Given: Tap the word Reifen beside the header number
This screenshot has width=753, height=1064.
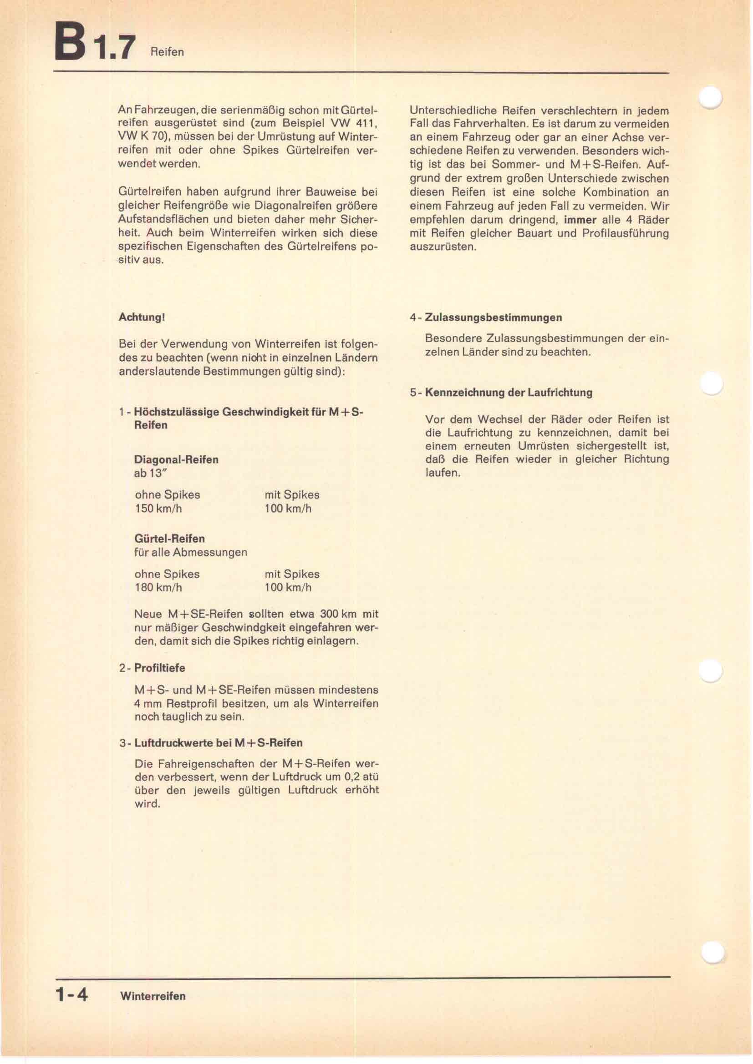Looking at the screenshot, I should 167,52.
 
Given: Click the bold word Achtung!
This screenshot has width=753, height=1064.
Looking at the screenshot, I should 142,318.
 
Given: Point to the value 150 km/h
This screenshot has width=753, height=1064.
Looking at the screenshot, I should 158,509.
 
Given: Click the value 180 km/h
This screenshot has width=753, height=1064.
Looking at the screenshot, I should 158,588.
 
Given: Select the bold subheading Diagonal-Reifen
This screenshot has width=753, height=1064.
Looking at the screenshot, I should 176,460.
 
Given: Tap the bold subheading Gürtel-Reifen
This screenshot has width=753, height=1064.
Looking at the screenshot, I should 169,539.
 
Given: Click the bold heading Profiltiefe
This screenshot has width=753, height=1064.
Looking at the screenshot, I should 159,668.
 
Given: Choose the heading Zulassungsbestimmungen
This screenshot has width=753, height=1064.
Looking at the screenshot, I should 494,318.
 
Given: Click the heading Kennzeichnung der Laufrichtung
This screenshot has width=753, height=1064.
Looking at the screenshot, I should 509,393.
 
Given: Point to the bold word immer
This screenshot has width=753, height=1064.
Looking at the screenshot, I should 580,219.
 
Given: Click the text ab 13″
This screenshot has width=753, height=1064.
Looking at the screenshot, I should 147,473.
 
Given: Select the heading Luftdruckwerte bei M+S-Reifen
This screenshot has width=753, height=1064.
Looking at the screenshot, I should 218,743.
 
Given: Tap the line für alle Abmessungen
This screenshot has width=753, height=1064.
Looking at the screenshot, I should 191,552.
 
